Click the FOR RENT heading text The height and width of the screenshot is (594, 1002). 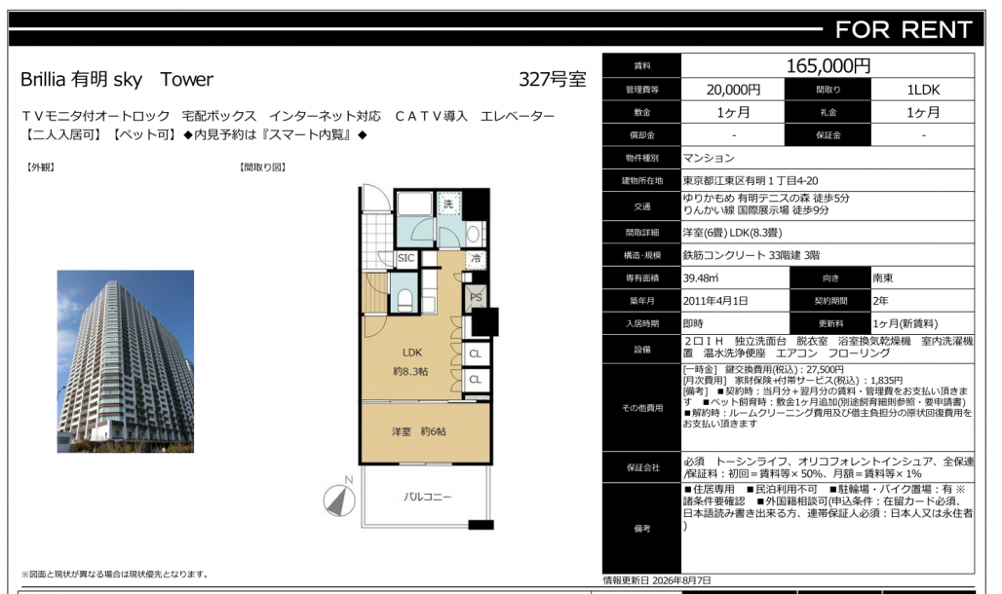(904, 30)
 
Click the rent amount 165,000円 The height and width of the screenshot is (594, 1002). (829, 66)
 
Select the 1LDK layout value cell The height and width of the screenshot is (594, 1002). (923, 90)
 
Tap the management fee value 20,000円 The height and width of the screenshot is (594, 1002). (733, 90)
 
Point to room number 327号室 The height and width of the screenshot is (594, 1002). (552, 79)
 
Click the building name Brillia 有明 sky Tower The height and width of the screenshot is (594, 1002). (117, 79)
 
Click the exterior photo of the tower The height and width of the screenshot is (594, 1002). (125, 361)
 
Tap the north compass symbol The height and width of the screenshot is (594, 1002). (340, 499)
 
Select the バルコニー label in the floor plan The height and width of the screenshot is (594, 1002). (427, 497)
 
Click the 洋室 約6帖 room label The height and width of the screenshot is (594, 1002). (419, 431)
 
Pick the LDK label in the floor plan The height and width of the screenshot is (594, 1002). (412, 352)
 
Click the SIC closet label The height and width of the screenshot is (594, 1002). (406, 258)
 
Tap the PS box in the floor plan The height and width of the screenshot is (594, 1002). (476, 297)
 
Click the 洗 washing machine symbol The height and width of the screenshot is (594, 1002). (448, 204)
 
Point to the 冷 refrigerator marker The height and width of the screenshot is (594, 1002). (476, 259)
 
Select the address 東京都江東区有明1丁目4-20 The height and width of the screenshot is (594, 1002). (751, 181)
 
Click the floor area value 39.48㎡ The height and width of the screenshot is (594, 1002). (701, 278)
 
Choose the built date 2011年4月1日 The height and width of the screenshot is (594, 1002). (715, 301)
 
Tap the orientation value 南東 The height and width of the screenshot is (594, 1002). (883, 278)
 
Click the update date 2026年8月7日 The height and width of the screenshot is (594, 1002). (680, 580)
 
